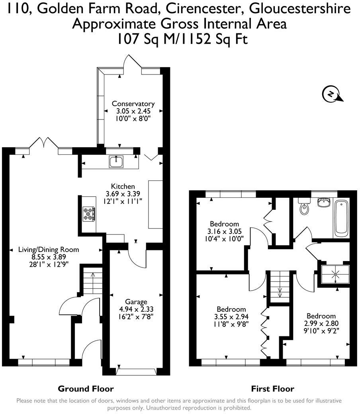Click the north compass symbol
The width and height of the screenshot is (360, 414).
(331, 94)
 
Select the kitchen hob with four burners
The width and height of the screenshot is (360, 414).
(89, 214)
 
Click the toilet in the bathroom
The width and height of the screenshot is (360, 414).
(305, 207)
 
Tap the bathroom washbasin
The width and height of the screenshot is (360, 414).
(324, 203)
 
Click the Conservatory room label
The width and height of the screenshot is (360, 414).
(133, 104)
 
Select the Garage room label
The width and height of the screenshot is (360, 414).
(136, 302)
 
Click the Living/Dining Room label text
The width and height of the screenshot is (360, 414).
(49, 250)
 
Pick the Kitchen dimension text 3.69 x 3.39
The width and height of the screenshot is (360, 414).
(123, 194)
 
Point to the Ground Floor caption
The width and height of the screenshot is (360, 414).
(86, 389)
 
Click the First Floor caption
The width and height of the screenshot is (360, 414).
(272, 389)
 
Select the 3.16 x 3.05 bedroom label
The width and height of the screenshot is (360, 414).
(224, 231)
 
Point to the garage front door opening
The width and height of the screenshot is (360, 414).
(136, 371)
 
